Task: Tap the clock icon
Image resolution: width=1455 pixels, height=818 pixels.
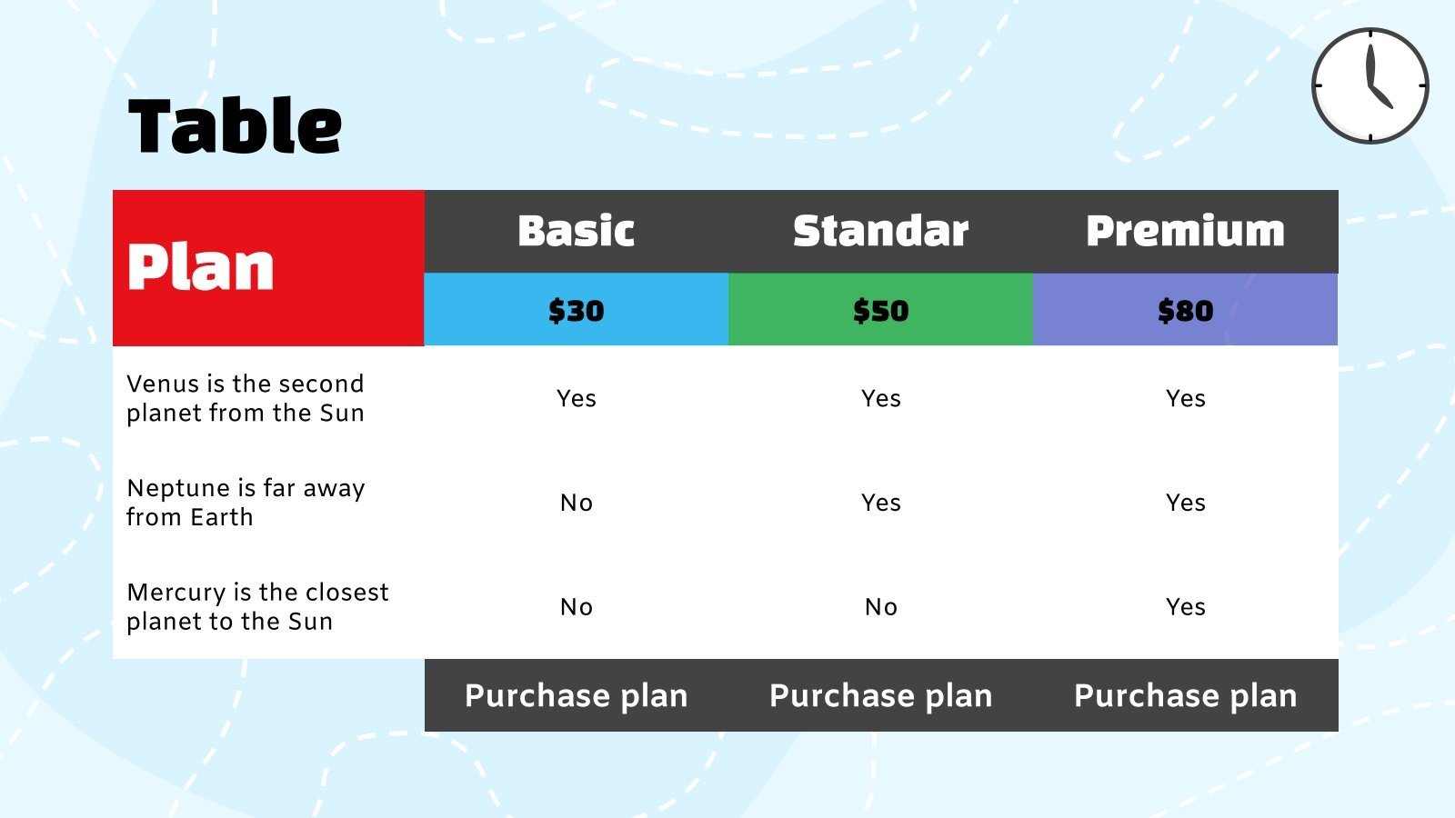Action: [x=1370, y=85]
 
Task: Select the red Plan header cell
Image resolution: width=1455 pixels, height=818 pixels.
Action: [x=268, y=267]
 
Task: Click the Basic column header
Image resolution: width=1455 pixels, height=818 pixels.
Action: [x=576, y=231]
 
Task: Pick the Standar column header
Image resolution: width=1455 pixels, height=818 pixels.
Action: [x=880, y=231]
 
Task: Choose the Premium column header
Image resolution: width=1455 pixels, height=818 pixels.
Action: [x=1185, y=231]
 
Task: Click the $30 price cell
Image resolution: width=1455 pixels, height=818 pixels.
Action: [x=576, y=310]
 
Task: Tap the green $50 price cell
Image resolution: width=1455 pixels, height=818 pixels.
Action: [x=880, y=310]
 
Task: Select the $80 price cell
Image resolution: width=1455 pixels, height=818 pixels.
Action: [x=1185, y=310]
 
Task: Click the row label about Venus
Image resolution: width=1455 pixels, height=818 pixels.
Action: [x=246, y=398]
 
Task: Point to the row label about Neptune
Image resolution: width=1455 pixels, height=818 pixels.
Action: [x=246, y=503]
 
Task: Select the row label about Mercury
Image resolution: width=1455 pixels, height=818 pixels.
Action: [x=257, y=606]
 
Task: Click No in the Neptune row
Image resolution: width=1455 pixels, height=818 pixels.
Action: [x=576, y=503]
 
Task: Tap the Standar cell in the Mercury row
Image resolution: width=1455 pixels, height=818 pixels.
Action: [x=880, y=606]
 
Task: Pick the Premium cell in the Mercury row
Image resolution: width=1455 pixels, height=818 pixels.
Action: [x=1185, y=606]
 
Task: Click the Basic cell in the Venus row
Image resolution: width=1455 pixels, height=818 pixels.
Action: [x=576, y=398]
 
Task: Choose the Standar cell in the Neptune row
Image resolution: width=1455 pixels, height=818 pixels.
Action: [x=880, y=503]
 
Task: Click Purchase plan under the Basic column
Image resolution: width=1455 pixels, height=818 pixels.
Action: [x=576, y=695]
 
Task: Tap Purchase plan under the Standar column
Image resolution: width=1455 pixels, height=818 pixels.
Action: [x=880, y=695]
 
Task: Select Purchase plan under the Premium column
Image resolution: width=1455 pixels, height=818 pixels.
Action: [x=1185, y=695]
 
